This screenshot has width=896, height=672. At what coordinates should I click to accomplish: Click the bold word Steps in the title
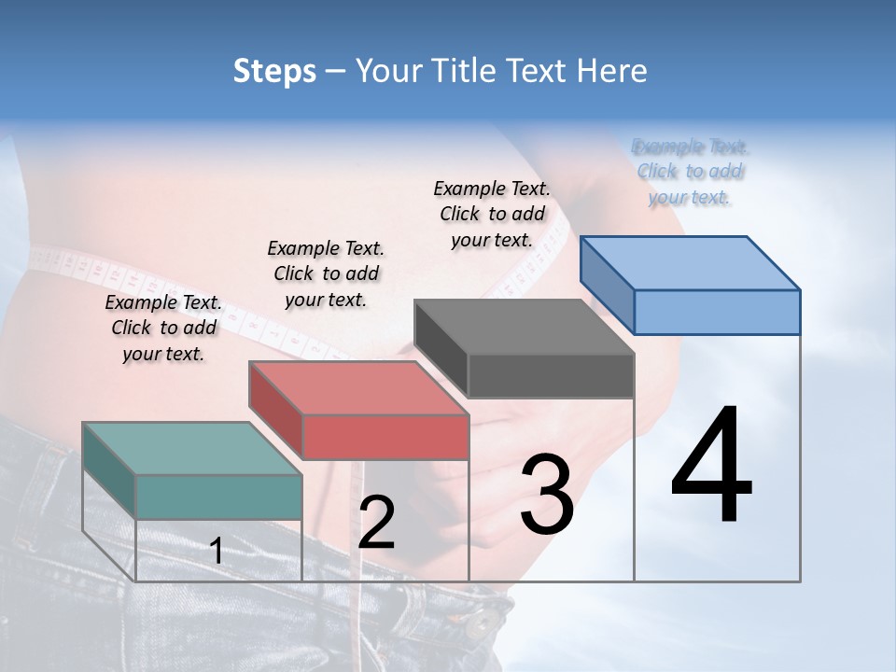274,71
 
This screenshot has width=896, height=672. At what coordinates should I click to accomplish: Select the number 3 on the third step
546,495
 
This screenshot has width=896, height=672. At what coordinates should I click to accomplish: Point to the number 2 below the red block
376,524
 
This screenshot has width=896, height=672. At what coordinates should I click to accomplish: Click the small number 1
217,552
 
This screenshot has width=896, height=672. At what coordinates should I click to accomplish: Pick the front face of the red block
385,437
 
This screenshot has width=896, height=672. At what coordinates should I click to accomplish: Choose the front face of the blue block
717,312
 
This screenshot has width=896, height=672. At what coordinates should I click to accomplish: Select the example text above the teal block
163,329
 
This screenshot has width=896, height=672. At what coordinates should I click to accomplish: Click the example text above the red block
326,273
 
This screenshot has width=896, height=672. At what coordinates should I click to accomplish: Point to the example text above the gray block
492,214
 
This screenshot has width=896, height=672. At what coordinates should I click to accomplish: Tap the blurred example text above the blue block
690,172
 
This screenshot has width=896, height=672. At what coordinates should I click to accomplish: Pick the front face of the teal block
218,497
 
